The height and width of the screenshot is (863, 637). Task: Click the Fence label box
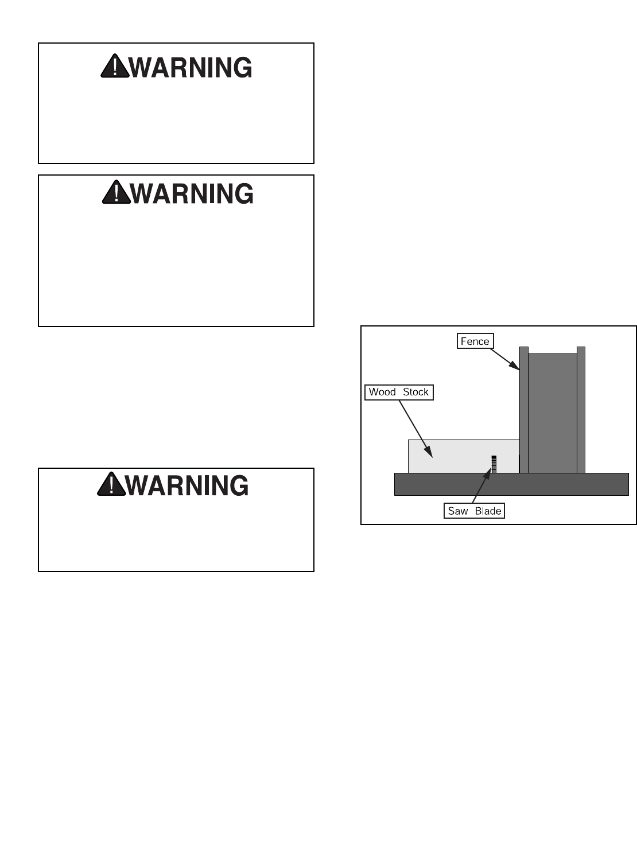[475, 341]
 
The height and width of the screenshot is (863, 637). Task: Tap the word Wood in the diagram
[382, 392]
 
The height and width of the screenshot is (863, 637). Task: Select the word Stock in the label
[415, 392]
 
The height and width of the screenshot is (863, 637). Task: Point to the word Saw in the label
[457, 511]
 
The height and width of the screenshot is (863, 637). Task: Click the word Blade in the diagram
[488, 511]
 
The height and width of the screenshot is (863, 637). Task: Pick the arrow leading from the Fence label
[504, 359]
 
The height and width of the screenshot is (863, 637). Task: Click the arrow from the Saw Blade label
[481, 487]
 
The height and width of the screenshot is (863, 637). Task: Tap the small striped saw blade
[494, 464]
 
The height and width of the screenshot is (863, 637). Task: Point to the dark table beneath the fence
[511, 484]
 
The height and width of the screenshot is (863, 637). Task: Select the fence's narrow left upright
[523, 410]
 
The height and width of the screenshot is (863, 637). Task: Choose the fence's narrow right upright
[581, 410]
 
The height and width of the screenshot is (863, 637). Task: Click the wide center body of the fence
[552, 413]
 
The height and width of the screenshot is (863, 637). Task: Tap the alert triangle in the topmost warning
[115, 67]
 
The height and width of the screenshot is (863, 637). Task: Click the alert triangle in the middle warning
[116, 193]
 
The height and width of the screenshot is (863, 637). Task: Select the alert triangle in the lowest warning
[111, 485]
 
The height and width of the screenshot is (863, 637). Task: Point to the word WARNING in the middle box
[192, 194]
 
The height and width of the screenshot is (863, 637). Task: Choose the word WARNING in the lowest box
[187, 485]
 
